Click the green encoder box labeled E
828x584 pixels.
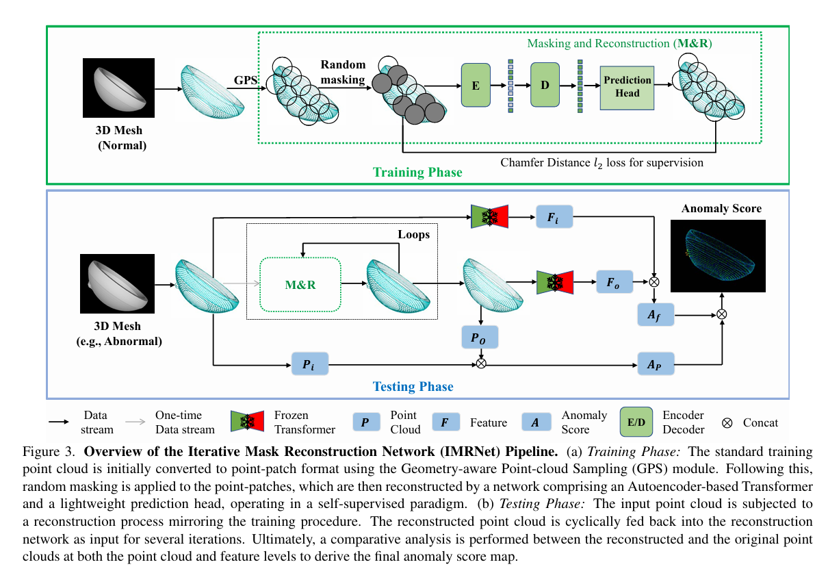click(x=476, y=85)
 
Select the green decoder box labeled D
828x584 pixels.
click(x=545, y=85)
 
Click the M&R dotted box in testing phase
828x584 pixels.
click(x=300, y=284)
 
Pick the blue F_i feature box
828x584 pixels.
click(x=554, y=217)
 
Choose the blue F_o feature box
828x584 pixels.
click(x=614, y=282)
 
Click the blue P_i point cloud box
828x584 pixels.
click(x=310, y=364)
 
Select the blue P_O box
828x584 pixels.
click(x=480, y=337)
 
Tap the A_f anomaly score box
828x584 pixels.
click(x=656, y=315)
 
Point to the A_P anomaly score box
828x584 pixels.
click(x=656, y=364)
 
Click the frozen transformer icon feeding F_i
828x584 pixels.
click(x=489, y=217)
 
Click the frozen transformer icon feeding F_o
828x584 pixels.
click(x=555, y=282)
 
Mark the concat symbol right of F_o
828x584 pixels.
click(x=654, y=282)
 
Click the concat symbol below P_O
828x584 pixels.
click(x=481, y=364)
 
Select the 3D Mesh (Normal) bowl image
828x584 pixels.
click(x=118, y=88)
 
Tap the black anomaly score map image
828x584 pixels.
click(x=718, y=256)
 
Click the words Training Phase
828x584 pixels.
click(x=417, y=173)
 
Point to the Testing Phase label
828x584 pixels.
click(x=413, y=387)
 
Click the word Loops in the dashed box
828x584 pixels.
click(x=413, y=234)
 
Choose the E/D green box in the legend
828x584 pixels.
click(x=636, y=422)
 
